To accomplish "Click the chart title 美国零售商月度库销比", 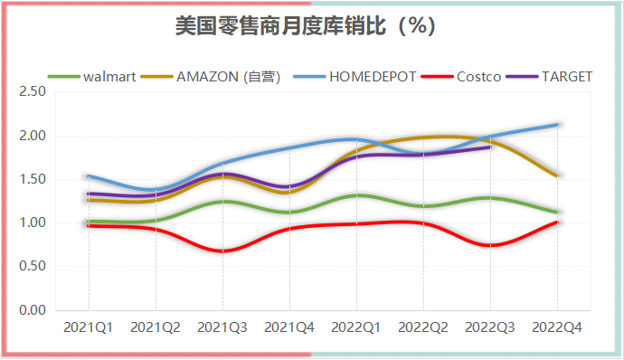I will pos(307,27).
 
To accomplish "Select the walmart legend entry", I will pos(109,76).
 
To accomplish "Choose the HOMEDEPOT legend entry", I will pos(373,76).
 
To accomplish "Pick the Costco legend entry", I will pos(478,76).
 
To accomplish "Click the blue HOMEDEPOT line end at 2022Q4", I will pos(558,124).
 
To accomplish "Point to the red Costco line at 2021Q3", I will pos(222,251).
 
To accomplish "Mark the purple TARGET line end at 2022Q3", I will pos(491,146).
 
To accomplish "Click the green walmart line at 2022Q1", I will pos(357,195).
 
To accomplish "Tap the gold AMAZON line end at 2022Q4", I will pos(558,175).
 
